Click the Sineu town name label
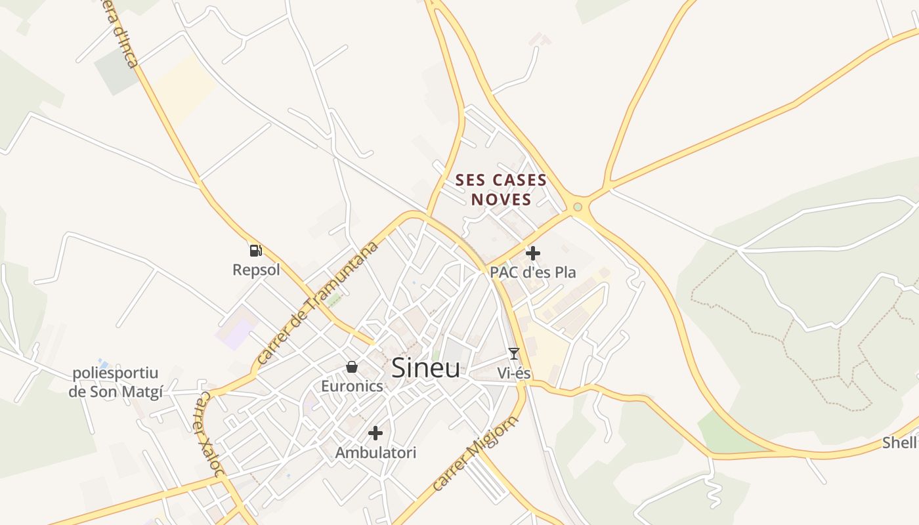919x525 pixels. [x=426, y=368]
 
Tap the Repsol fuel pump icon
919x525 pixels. [x=255, y=250]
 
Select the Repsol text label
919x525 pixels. [x=256, y=270]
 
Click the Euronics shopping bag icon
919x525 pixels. [x=352, y=366]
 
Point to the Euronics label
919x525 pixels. [x=352, y=386]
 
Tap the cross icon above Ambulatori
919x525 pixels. [x=375, y=433]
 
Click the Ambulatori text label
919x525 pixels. [x=375, y=453]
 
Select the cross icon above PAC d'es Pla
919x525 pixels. [x=533, y=253]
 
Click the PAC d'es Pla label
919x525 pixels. [x=533, y=272]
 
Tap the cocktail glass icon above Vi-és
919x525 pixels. [x=514, y=354]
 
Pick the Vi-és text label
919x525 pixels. [x=514, y=373]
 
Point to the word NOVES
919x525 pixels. [x=501, y=199]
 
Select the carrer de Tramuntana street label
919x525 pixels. [x=318, y=303]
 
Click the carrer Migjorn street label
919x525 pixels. [x=476, y=453]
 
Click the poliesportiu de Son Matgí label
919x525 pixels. [x=116, y=383]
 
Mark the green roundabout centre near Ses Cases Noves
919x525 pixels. [x=578, y=207]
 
